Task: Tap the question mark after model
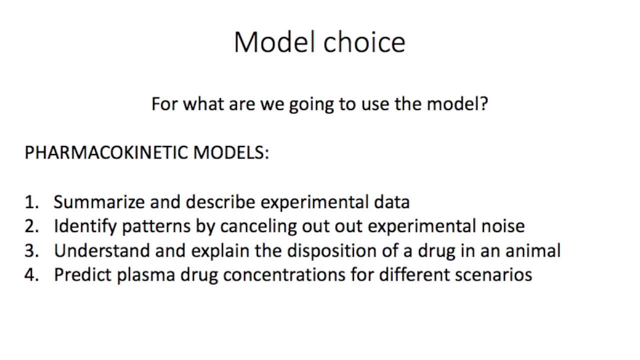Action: coord(483,104)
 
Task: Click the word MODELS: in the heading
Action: coord(231,152)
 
